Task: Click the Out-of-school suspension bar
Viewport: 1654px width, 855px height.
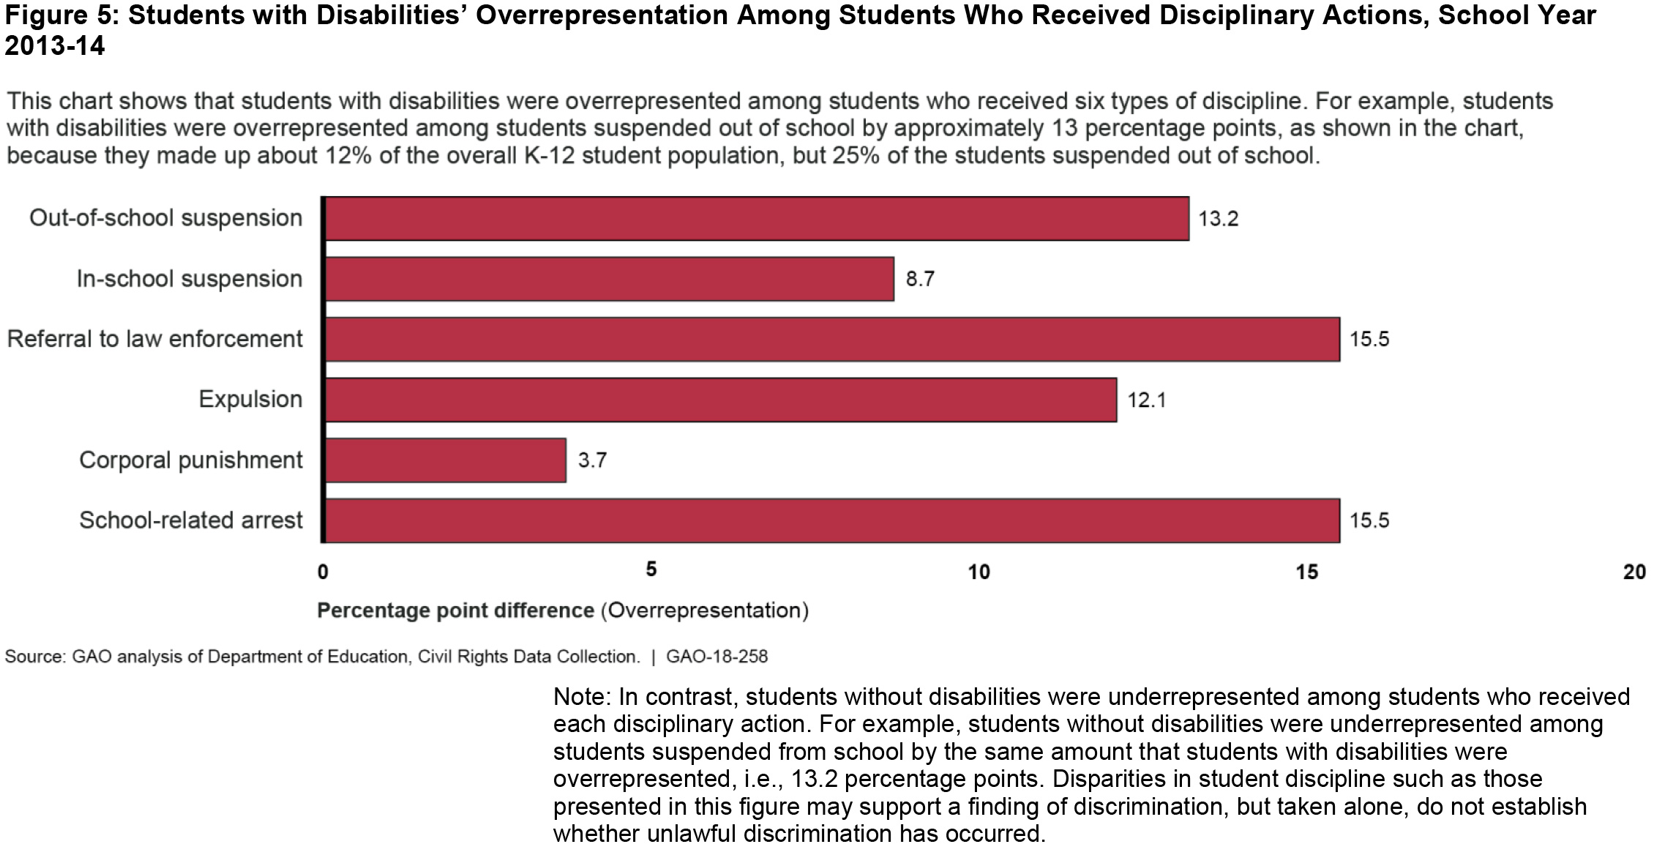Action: (x=757, y=218)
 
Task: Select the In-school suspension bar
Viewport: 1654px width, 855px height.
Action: (x=609, y=279)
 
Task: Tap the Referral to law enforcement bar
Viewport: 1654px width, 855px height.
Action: (x=832, y=339)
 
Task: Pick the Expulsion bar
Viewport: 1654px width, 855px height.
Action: (x=721, y=400)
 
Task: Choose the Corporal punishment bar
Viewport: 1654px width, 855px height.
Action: (x=445, y=460)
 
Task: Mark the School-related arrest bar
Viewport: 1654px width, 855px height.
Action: (x=832, y=520)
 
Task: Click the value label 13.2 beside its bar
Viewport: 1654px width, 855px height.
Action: (x=1218, y=219)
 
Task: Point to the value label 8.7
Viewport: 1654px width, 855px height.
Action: (x=920, y=279)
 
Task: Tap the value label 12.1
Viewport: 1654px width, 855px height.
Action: (x=1146, y=400)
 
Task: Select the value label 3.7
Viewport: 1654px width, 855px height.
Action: (x=592, y=460)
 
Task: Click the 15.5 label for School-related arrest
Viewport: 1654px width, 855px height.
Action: (x=1369, y=520)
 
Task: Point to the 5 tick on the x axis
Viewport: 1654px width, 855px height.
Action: (x=651, y=570)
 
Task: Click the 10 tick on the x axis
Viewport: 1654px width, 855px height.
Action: (x=978, y=572)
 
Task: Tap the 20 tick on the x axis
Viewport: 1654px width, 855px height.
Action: (x=1634, y=572)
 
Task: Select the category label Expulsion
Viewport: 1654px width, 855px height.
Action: (x=250, y=400)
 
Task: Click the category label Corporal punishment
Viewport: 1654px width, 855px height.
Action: (x=190, y=460)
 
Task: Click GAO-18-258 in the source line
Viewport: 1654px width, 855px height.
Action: (x=716, y=657)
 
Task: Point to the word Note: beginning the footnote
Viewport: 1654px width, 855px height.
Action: (x=582, y=696)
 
